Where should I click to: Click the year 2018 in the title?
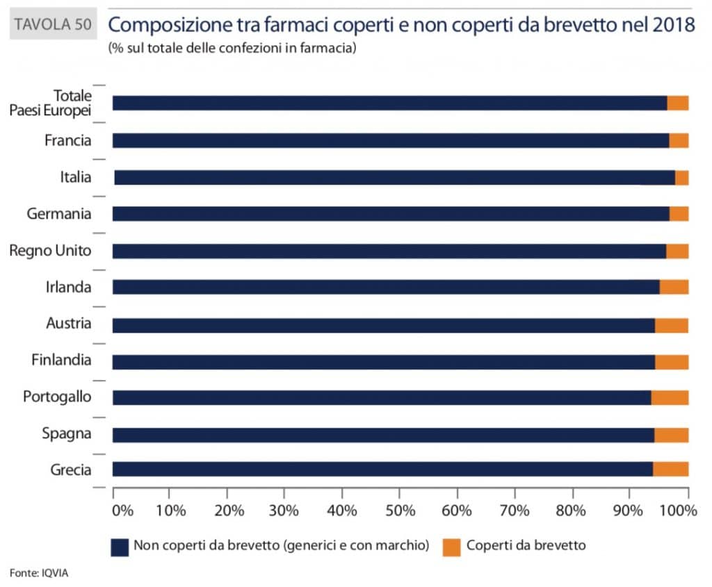tap(674, 26)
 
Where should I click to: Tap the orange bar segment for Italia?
tap(681, 177)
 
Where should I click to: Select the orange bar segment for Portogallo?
tap(670, 397)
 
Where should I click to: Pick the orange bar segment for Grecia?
tap(670, 469)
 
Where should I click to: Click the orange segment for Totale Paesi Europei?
tap(678, 103)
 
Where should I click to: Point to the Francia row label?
tap(67, 140)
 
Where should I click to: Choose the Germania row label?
tap(59, 214)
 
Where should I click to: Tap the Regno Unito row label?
tap(50, 250)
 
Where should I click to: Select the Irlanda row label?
tap(67, 287)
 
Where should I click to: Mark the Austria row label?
tap(68, 323)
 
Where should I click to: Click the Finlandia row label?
tap(61, 360)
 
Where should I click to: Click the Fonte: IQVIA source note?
tap(40, 572)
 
